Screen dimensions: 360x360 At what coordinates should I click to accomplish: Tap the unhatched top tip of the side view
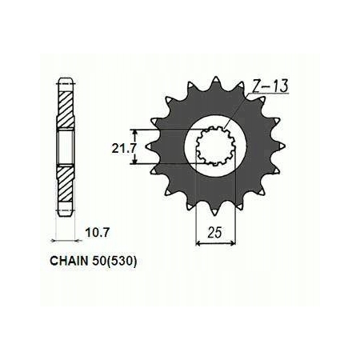tap(64, 82)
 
